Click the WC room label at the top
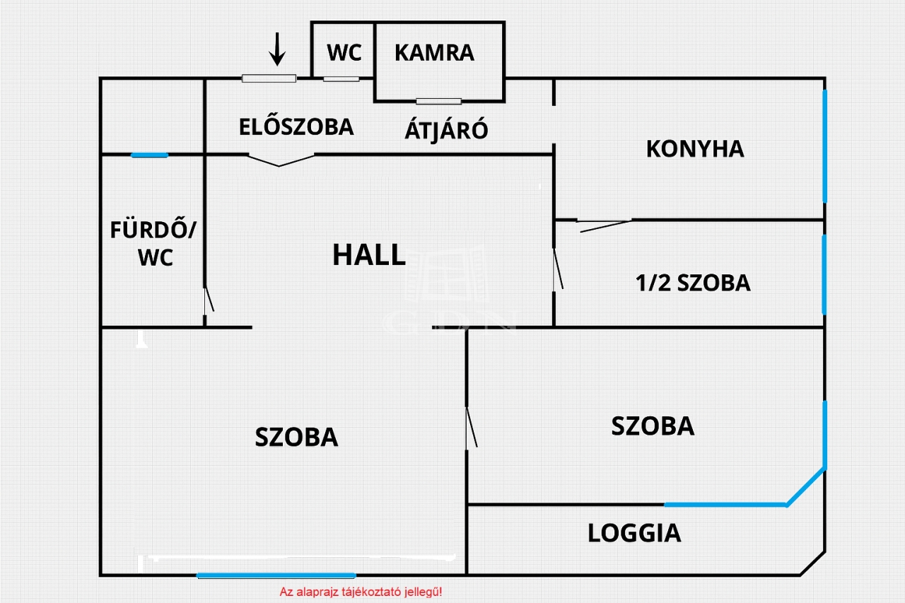344,53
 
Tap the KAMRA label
434,53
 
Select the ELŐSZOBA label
296,127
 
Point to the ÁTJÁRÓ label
446,130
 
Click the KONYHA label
695,149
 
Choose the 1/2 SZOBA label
693,283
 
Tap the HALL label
369,255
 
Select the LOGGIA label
634,533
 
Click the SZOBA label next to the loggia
653,426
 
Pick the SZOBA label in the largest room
296,438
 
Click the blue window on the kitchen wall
824,146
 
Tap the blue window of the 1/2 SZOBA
824,274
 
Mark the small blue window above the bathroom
150,155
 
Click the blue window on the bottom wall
276,575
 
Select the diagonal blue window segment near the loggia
806,486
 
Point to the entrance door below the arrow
269,78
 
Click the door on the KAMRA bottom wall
438,101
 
